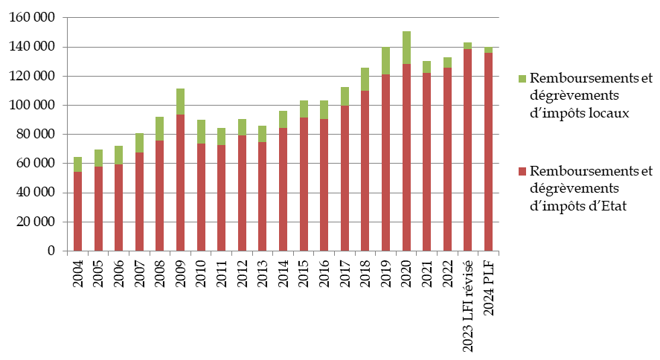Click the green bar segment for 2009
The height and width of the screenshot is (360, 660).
(181, 101)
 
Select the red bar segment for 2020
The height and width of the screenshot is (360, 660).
(406, 158)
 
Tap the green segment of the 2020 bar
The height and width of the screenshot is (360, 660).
(406, 48)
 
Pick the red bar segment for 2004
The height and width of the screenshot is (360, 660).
(78, 212)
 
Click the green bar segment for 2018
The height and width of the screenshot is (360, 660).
(365, 79)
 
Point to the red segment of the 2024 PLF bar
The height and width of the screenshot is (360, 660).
(489, 152)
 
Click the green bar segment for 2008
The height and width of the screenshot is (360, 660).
(160, 129)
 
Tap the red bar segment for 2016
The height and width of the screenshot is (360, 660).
(324, 185)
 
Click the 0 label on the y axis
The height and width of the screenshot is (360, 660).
(51, 251)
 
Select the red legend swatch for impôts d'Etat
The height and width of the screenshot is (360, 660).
(522, 172)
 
